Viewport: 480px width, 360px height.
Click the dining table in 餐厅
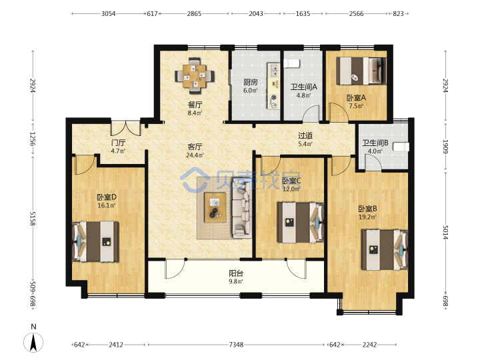(195, 76)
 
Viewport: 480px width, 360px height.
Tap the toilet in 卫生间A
(291, 63)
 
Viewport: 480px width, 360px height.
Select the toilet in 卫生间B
(401, 147)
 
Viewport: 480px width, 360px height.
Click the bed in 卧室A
(361, 71)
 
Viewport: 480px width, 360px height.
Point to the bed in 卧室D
(95, 241)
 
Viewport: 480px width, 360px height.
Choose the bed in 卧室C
(301, 222)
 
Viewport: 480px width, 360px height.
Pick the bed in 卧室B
(385, 250)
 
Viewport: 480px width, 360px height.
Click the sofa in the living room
(242, 213)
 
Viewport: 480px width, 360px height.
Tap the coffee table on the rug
(215, 207)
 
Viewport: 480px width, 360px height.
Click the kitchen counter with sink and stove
(273, 86)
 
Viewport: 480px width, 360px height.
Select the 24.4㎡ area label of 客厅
(195, 155)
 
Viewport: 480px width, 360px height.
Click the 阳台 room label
(236, 273)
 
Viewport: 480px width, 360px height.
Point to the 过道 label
(305, 135)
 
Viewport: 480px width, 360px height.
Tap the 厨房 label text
(251, 82)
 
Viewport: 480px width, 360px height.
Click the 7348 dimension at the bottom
(236, 345)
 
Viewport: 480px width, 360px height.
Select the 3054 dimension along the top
(109, 13)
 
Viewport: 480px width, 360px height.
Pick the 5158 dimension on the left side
(33, 218)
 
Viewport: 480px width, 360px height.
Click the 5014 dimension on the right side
(445, 232)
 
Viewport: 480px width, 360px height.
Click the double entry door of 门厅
(125, 129)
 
